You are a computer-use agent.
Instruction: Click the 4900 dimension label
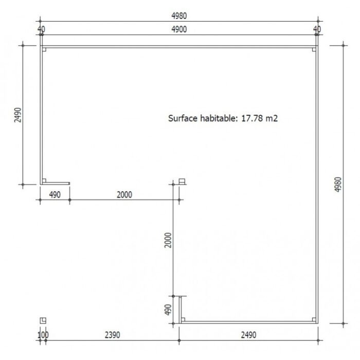click(x=179, y=29)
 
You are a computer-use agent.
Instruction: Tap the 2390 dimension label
click(x=112, y=335)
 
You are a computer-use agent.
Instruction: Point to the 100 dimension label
click(x=43, y=335)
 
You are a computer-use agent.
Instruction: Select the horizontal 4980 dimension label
click(x=179, y=16)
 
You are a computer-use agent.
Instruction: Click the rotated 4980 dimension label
click(x=338, y=184)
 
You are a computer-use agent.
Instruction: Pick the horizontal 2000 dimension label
click(x=124, y=195)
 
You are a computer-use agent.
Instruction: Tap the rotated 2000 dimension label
click(x=168, y=240)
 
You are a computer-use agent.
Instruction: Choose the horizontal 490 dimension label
click(x=55, y=195)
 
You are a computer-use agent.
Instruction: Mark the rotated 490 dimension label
click(x=168, y=310)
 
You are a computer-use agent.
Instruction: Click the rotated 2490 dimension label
click(x=17, y=115)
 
